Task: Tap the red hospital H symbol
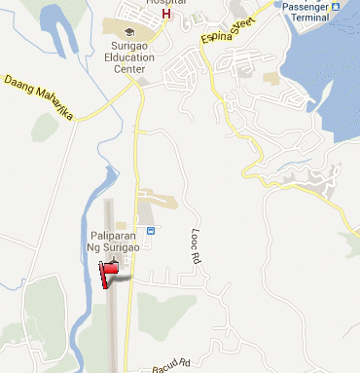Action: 166,15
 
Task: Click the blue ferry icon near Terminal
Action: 335,5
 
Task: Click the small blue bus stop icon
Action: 150,231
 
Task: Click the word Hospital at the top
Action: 165,3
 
